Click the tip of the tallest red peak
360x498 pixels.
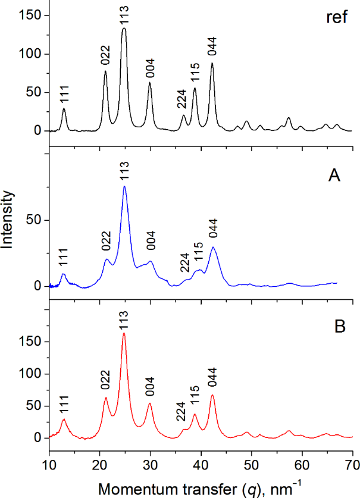pos(124,333)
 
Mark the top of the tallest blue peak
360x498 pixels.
pos(124,186)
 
